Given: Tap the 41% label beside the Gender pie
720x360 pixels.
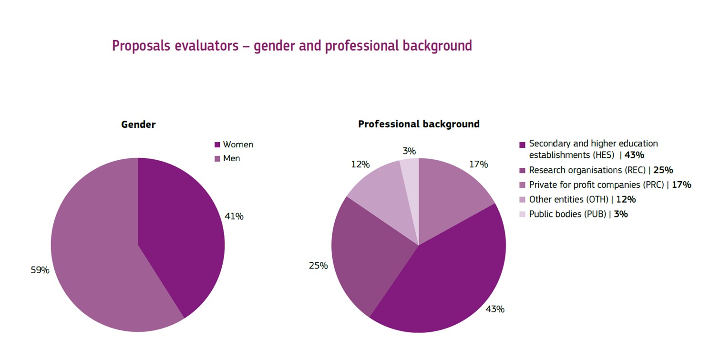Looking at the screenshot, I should pyautogui.click(x=234, y=216).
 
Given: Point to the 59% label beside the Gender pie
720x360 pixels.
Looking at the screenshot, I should pyautogui.click(x=40, y=270).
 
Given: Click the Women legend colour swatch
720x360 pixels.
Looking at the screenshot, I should pyautogui.click(x=217, y=145).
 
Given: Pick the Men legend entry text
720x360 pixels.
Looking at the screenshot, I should pyautogui.click(x=232, y=158).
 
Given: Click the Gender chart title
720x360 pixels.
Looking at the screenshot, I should pyautogui.click(x=138, y=124).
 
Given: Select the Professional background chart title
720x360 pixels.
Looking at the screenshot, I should pyautogui.click(x=419, y=124).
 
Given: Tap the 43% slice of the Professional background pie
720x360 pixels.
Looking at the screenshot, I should pyautogui.click(x=448, y=281).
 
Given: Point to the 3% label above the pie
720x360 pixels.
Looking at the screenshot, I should pyautogui.click(x=409, y=151).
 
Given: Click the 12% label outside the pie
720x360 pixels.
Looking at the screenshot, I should pyautogui.click(x=360, y=165).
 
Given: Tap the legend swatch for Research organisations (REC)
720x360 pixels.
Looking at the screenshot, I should pyautogui.click(x=522, y=171).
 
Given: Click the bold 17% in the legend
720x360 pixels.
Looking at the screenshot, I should pyautogui.click(x=681, y=185).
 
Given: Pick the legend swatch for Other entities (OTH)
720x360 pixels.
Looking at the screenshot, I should pyautogui.click(x=522, y=200).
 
